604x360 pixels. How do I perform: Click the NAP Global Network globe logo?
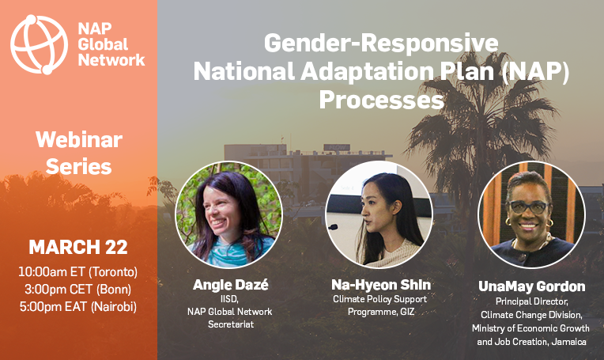coord(39,44)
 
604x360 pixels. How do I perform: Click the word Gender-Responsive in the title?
coord(381,43)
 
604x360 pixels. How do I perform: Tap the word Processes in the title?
coord(381,100)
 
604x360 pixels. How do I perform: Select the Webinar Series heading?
coord(79,153)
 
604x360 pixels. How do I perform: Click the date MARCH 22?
coord(78,247)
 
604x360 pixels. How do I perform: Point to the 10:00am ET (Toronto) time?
coord(78,271)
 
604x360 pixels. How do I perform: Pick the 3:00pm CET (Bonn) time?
coord(78,289)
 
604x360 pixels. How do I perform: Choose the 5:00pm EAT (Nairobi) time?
coord(78,306)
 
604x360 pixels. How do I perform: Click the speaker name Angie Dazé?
coord(230,285)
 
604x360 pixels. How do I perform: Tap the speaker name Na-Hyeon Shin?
coord(381,285)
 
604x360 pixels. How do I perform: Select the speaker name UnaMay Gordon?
coord(531,286)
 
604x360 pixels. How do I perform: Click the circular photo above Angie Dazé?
coord(228,214)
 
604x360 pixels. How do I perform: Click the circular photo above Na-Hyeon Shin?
coord(379,214)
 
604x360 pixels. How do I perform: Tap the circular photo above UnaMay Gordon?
coord(531,214)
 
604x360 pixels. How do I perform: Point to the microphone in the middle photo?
coord(332,227)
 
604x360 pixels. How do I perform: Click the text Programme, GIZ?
coord(381,312)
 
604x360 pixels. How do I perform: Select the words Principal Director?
coord(531,301)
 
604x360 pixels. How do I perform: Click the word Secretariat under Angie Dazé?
coord(231,324)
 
